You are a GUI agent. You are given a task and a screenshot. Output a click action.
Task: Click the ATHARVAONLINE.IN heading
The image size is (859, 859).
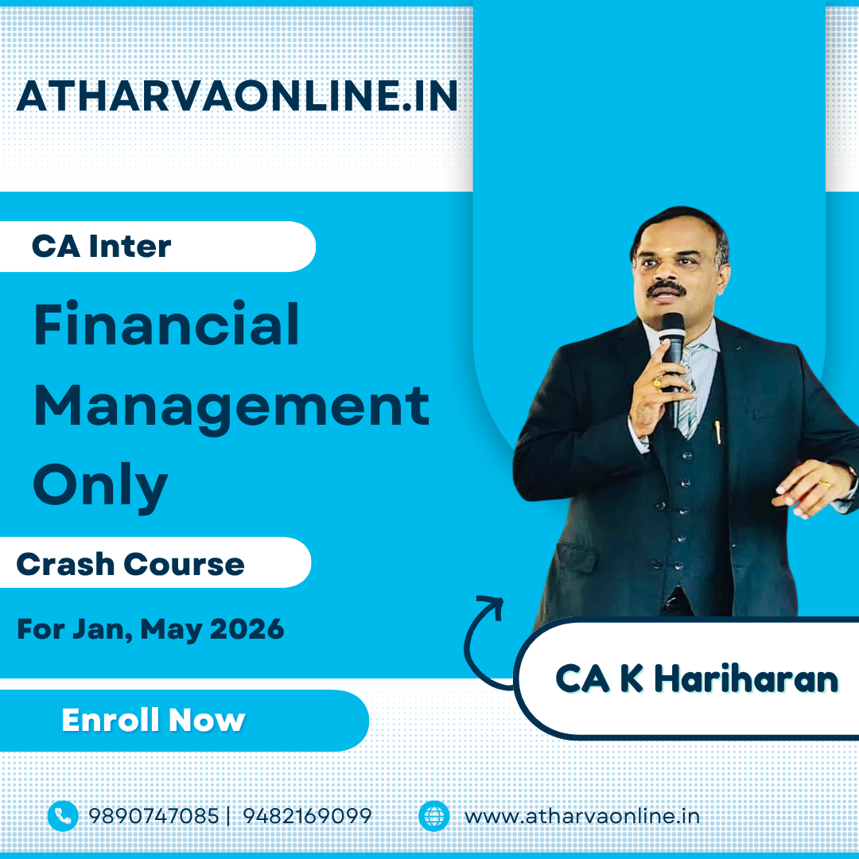pyautogui.click(x=237, y=96)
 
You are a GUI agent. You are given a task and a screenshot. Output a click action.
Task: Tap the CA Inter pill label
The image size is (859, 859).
pyautogui.click(x=101, y=246)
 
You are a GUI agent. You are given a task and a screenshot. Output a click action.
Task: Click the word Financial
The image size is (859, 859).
pyautogui.click(x=166, y=325)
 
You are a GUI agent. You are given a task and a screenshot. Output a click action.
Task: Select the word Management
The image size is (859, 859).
pyautogui.click(x=231, y=408)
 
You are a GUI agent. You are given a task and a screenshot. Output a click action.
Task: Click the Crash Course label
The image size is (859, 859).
pyautogui.click(x=130, y=564)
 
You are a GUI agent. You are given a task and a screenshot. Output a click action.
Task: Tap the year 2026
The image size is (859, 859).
pyautogui.click(x=247, y=628)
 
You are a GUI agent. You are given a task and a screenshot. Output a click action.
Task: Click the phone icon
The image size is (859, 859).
pyautogui.click(x=63, y=816)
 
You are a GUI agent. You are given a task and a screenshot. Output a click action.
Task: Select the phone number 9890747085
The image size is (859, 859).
pyautogui.click(x=154, y=816)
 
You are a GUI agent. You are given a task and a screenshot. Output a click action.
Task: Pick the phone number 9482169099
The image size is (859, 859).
pyautogui.click(x=307, y=816)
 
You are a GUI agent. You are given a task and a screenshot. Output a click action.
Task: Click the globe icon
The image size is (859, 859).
pyautogui.click(x=434, y=816)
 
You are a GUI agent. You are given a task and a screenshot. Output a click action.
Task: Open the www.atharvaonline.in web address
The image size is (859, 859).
pyautogui.click(x=581, y=816)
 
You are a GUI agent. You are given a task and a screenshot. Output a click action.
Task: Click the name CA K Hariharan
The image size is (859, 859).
pyautogui.click(x=696, y=678)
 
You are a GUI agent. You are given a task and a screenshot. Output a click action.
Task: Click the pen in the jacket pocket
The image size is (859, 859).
pyautogui.click(x=717, y=432)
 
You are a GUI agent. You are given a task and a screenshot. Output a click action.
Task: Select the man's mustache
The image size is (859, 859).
pyautogui.click(x=665, y=288)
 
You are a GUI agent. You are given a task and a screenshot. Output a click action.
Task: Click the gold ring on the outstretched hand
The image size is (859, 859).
pyautogui.click(x=825, y=484)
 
